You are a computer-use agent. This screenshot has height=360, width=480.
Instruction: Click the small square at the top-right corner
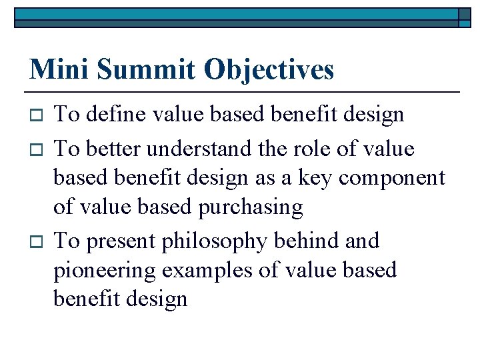[x=465, y=17]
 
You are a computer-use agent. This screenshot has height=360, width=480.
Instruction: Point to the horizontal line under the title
[x=243, y=91]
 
